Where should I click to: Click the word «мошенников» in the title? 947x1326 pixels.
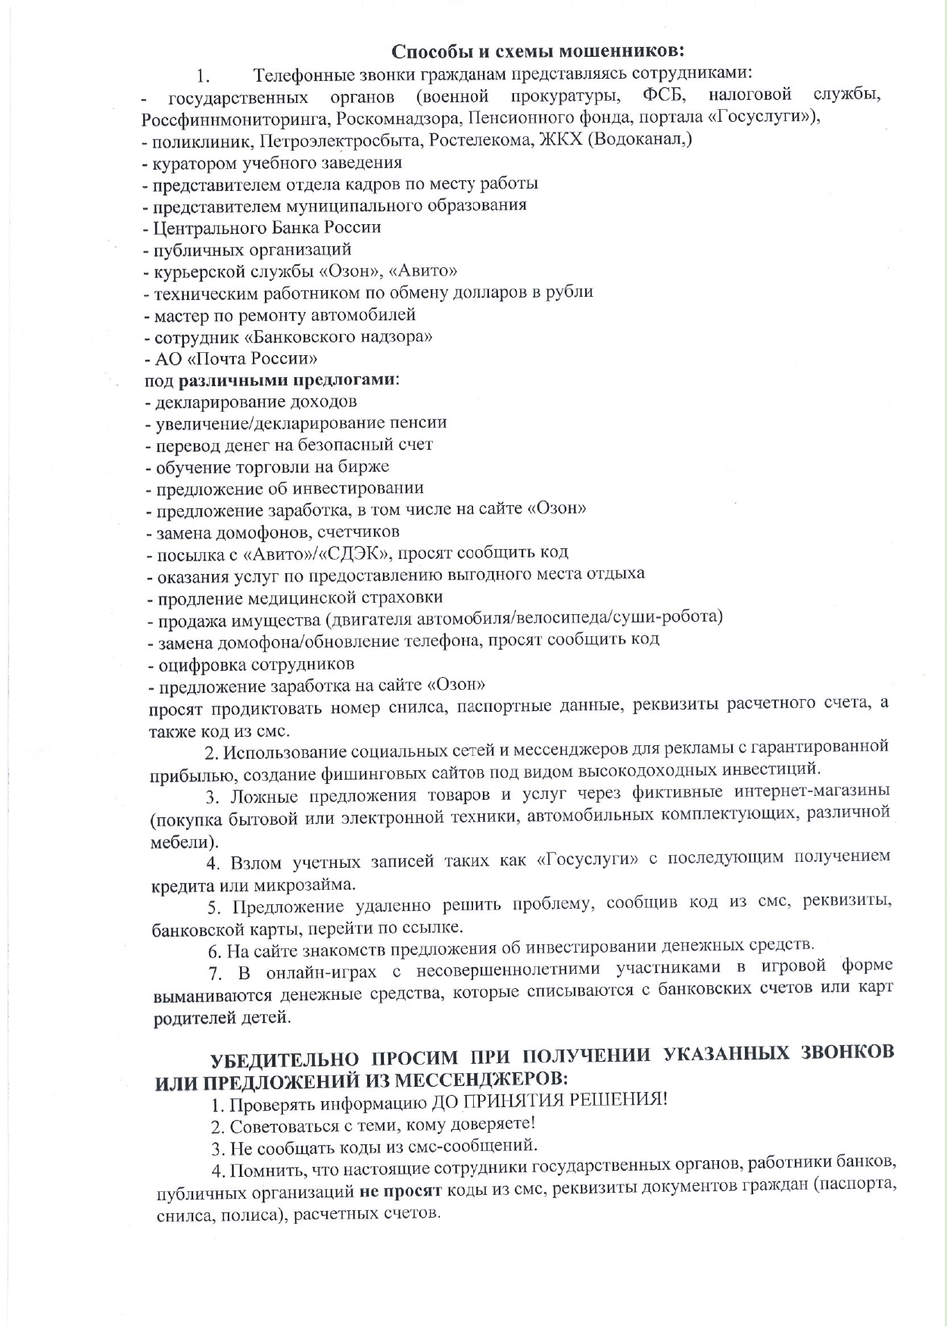[x=621, y=51]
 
